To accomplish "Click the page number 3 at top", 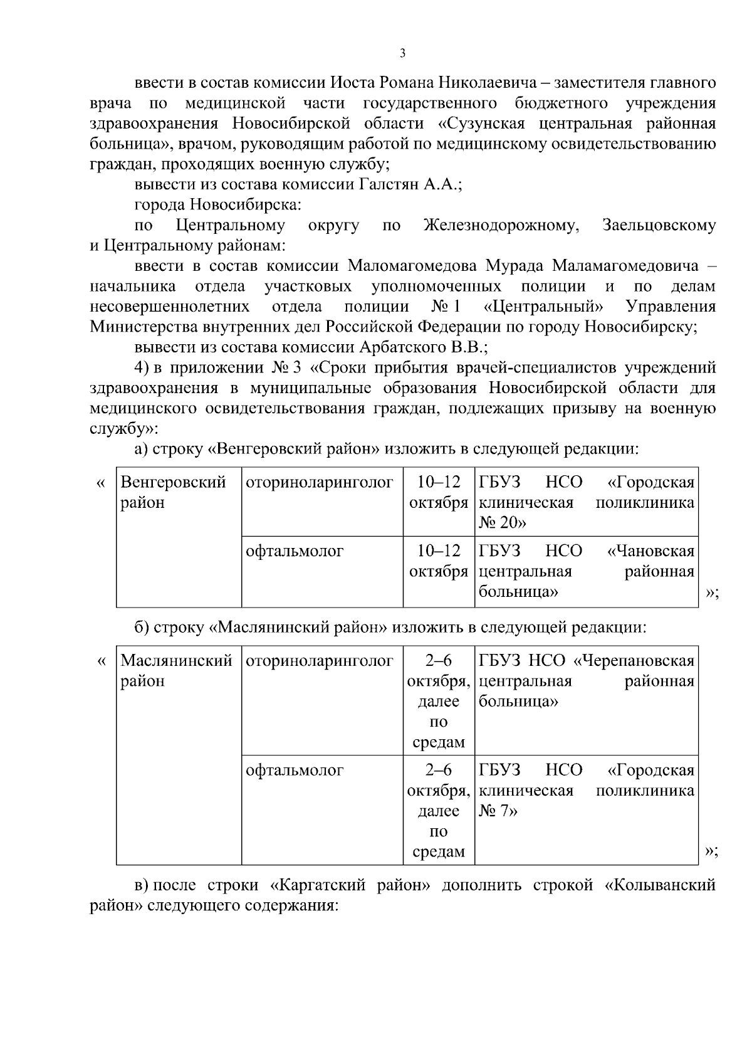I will pos(402,54).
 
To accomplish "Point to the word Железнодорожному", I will pos(499,225).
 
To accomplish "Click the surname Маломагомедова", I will pos(413,266).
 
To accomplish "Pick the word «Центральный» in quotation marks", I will pos(544,307).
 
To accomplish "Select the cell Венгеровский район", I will pos(173,492).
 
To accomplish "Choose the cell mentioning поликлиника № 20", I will pos(586,502).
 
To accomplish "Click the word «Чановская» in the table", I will pos(651,551).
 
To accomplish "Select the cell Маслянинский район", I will pos(176,670).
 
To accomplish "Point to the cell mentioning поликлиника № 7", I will pos(586,791).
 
